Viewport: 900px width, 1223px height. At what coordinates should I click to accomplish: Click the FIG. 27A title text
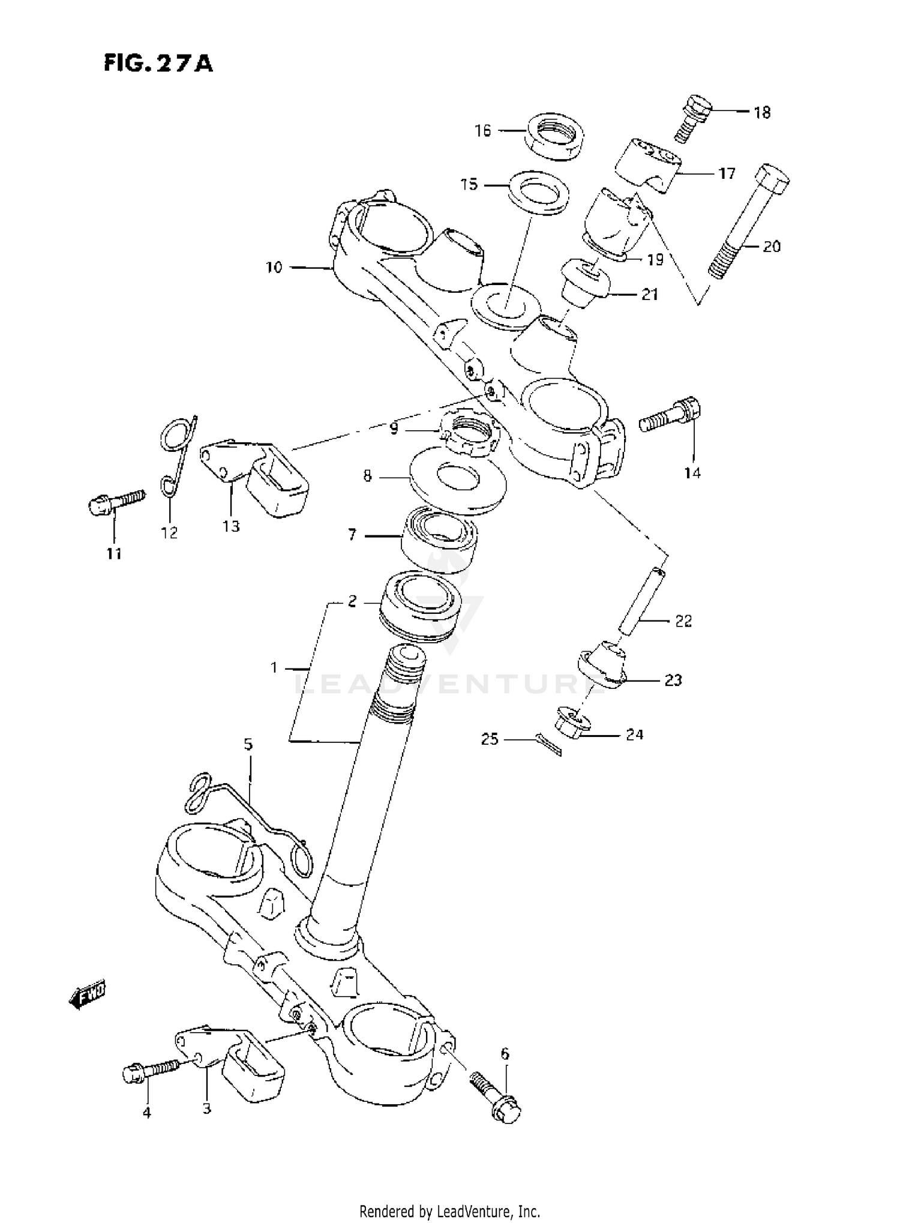[158, 63]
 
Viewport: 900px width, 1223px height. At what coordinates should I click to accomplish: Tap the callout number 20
[771, 247]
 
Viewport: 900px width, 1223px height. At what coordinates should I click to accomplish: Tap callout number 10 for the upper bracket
[274, 268]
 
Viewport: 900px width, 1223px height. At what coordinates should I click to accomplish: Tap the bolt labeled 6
[496, 1098]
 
